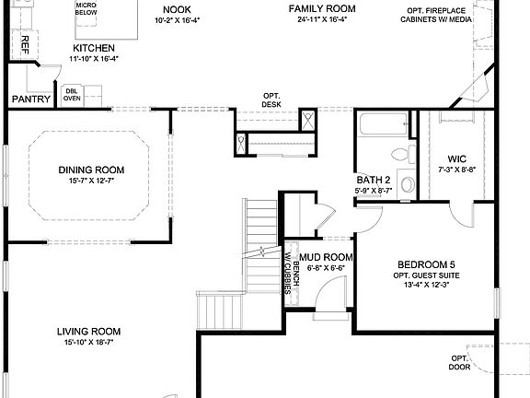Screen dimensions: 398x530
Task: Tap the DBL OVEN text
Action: pyautogui.click(x=71, y=94)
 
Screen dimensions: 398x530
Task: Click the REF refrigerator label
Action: pyautogui.click(x=13, y=46)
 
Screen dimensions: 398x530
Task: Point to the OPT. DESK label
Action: pyautogui.click(x=271, y=100)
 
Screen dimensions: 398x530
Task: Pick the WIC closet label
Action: pyautogui.click(x=456, y=158)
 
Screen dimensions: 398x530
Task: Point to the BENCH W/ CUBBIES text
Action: pyautogui.click(x=292, y=274)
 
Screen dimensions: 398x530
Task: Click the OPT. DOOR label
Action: pyautogui.click(x=459, y=362)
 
